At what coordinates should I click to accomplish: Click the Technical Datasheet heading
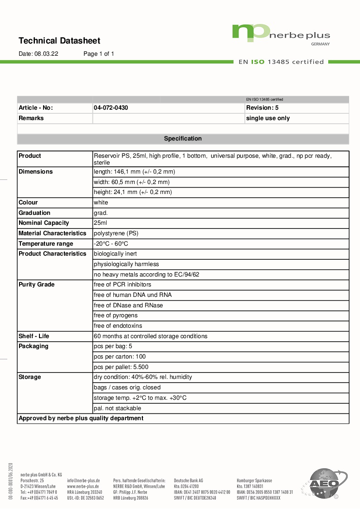pos(59,41)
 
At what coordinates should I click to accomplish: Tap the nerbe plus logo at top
pos(281,34)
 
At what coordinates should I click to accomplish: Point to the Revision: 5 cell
pos(262,108)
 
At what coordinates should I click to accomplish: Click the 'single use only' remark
pos(268,118)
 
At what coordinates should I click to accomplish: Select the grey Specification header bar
pos(183,139)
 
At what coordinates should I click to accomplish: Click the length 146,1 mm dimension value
pos(134,172)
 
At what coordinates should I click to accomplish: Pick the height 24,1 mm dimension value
pos(133,192)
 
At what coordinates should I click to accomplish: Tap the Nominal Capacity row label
pos(44,223)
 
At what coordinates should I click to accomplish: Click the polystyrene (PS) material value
pos(116,233)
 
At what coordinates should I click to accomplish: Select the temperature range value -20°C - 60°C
pos(111,244)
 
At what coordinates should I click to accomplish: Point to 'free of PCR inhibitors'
pos(122,285)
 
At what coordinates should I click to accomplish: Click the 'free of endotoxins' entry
pos(118,326)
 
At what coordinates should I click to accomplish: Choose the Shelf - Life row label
pos(34,336)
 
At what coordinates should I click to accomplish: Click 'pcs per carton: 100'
pos(120,357)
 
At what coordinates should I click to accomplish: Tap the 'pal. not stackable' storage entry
pos(117,408)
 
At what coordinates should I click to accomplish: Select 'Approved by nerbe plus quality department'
pos(81,418)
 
